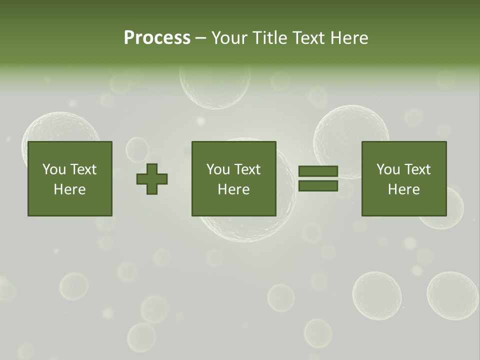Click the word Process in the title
coord(157,38)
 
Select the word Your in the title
coord(229,38)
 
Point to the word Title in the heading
coord(270,38)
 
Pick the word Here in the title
coord(349,38)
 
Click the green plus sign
coord(152,178)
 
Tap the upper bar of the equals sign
coord(318,171)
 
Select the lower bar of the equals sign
coord(318,186)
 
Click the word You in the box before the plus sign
coord(53,169)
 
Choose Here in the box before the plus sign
coord(69,189)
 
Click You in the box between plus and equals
coord(217,169)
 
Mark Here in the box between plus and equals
coord(233,189)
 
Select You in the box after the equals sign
coord(387,169)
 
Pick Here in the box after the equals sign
coord(403,189)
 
